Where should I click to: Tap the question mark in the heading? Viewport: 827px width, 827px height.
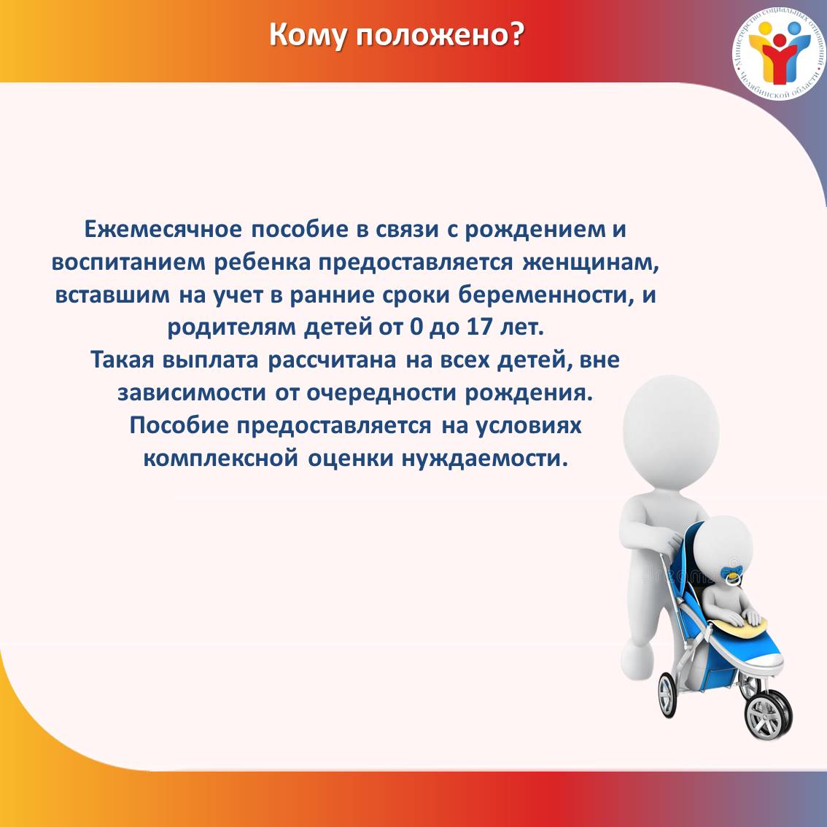click(x=517, y=34)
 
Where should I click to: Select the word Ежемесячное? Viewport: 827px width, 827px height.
click(x=163, y=230)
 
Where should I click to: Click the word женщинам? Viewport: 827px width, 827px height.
click(x=591, y=263)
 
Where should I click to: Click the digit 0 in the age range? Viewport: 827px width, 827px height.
click(x=416, y=327)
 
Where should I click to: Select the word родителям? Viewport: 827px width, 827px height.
click(x=231, y=328)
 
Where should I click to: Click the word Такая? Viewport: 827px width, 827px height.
click(x=123, y=360)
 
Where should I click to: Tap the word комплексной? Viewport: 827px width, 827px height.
click(x=221, y=458)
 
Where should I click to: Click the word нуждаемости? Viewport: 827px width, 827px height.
click(x=485, y=458)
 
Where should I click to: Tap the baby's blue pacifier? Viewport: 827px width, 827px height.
click(x=731, y=575)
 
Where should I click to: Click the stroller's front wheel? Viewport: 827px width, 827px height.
click(x=768, y=715)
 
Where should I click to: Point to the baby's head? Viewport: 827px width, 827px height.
click(x=723, y=546)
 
